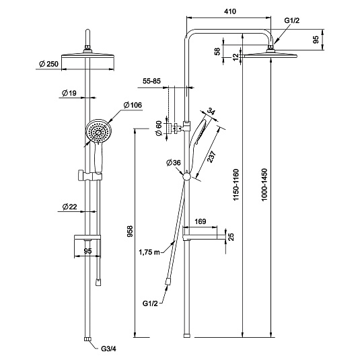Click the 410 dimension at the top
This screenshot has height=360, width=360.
point(230,11)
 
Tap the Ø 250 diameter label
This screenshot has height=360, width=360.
point(48,64)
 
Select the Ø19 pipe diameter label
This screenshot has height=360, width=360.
point(69,93)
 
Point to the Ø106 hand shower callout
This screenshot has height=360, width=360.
point(133,105)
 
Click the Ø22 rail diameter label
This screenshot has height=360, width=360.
point(69,207)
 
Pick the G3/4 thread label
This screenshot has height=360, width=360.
point(108,349)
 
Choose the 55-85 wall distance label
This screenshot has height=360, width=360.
point(151,81)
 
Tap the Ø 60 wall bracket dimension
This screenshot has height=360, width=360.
point(159,129)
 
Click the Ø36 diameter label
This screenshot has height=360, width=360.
point(174,163)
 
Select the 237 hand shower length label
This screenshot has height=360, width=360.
point(211,157)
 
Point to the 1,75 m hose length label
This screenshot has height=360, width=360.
point(149,252)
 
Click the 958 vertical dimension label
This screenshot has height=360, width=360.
point(130,231)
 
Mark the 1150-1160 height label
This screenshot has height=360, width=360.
point(236,185)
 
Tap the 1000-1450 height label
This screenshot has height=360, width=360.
point(264,184)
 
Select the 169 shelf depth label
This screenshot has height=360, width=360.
point(201,221)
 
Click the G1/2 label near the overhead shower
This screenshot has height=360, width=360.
point(292,20)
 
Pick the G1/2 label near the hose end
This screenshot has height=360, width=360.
point(150,303)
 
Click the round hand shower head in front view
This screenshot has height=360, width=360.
point(99,132)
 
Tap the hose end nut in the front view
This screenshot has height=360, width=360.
point(98,283)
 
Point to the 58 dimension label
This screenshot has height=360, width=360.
point(217,51)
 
